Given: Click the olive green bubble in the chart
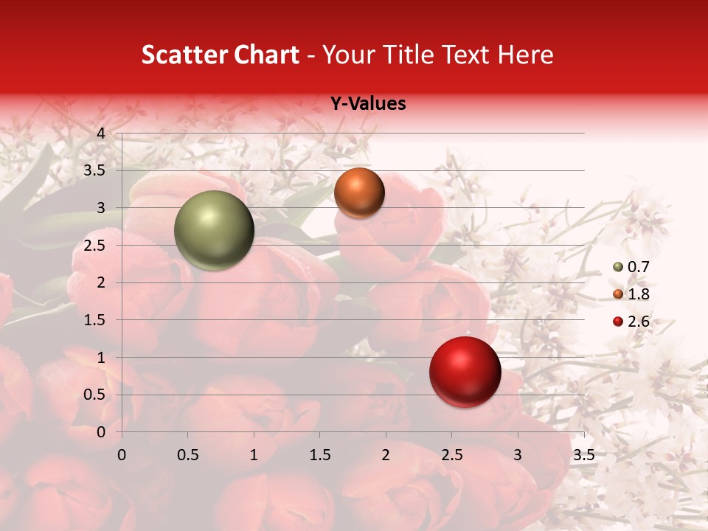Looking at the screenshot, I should coord(214,230).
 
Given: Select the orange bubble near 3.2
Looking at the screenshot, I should coord(359,192).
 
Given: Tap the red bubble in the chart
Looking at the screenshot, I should coord(465,372).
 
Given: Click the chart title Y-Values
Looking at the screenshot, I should coord(367,104).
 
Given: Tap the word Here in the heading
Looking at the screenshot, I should coord(525,55).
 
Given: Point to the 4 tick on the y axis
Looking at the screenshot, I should coord(101,133).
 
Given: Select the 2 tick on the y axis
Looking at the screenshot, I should coord(101,282).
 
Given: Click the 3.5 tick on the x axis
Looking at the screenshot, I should coord(583,454).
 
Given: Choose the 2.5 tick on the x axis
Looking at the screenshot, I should coord(451,454).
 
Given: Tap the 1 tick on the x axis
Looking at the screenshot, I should coord(254,454).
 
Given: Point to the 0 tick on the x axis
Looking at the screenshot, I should coord(122,454).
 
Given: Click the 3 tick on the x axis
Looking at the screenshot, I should coord(517,454).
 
